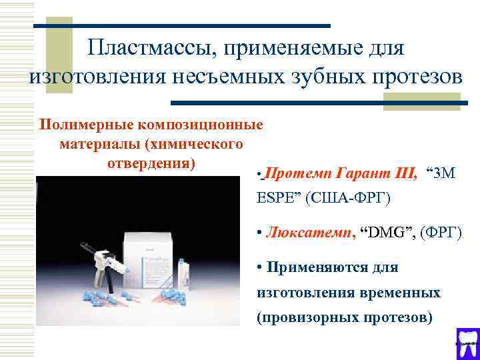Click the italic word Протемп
tap(297, 175)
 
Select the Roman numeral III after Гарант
tap(404, 175)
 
